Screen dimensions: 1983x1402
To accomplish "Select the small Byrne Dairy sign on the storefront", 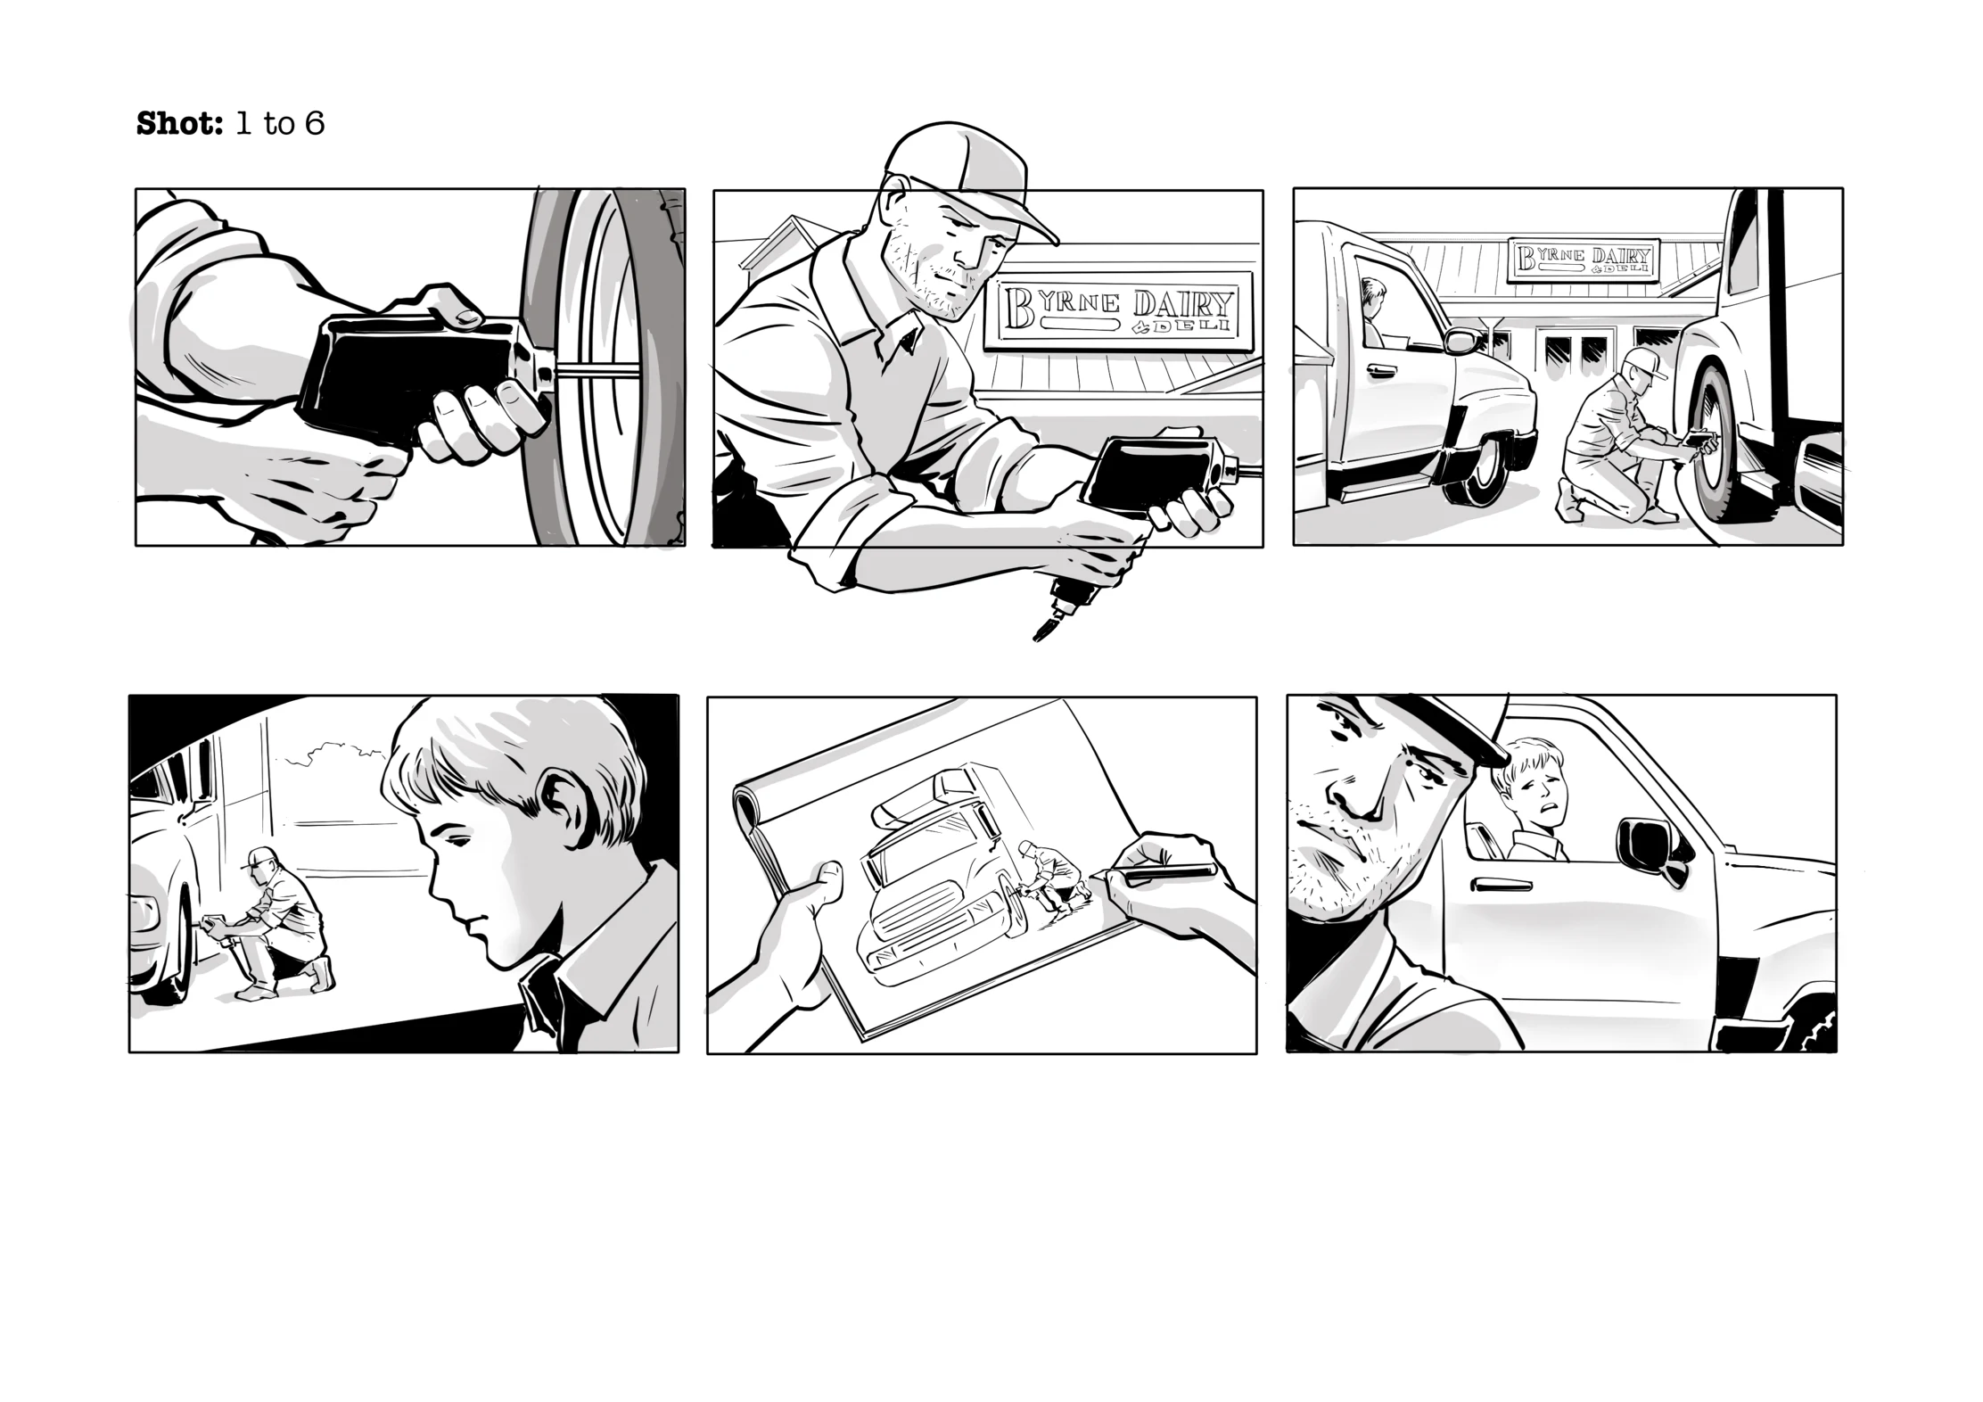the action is pyautogui.click(x=1584, y=260).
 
